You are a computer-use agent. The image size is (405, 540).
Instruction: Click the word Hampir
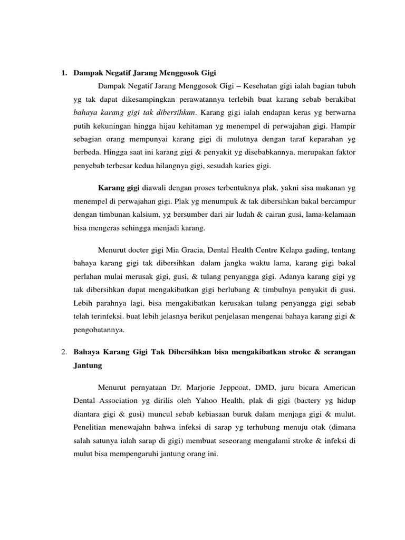(x=343, y=127)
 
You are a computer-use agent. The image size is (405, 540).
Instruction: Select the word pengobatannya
(x=98, y=331)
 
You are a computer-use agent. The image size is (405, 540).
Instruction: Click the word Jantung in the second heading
(x=88, y=364)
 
